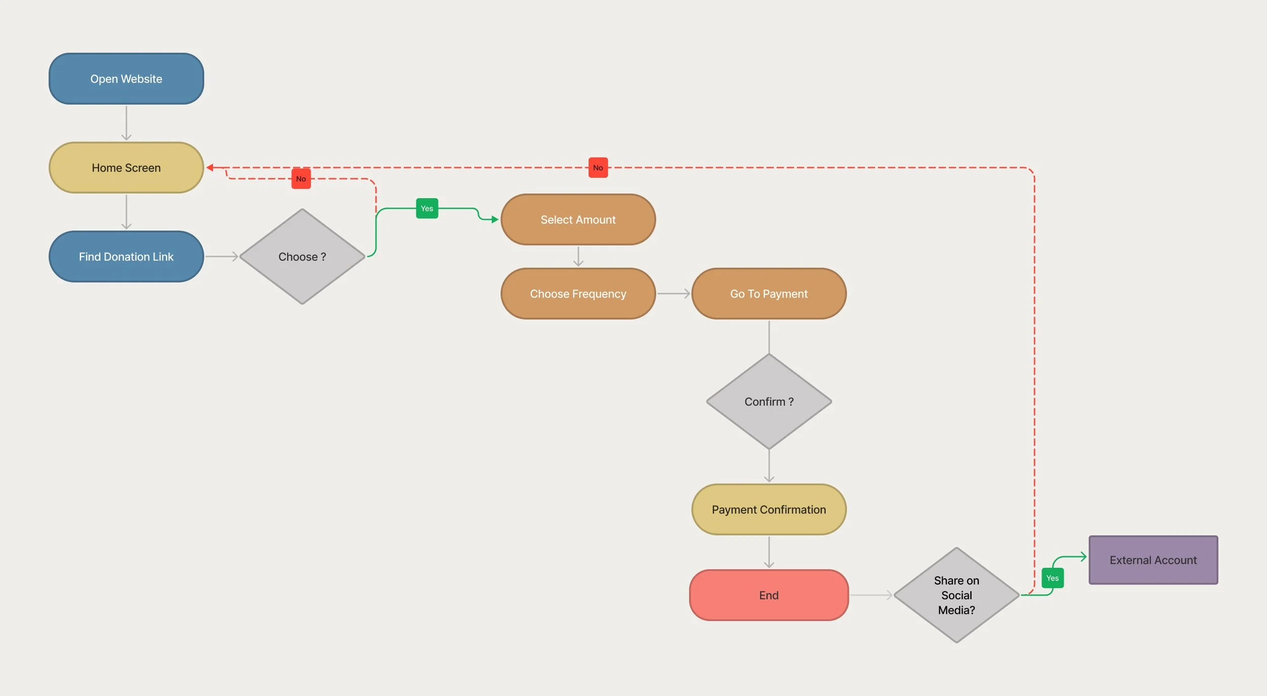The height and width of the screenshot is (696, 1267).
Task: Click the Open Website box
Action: pyautogui.click(x=126, y=79)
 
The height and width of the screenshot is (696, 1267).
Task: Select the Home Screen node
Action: pyautogui.click(x=126, y=167)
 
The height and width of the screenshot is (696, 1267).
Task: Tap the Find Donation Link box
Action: pyautogui.click(x=126, y=257)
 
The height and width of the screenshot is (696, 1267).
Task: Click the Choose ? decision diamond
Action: pyautogui.click(x=302, y=257)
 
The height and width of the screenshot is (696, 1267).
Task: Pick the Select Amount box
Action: pyautogui.click(x=578, y=219)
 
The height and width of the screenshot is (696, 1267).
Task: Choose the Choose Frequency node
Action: pyautogui.click(x=578, y=294)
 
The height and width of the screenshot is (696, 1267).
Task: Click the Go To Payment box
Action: pyautogui.click(x=768, y=294)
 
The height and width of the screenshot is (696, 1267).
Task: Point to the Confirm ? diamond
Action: pyautogui.click(x=768, y=401)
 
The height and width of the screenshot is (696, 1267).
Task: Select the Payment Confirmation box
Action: pyautogui.click(x=768, y=509)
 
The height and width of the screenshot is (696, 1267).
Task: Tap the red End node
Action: pyautogui.click(x=768, y=595)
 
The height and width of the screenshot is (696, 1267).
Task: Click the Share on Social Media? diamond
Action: pyautogui.click(x=956, y=595)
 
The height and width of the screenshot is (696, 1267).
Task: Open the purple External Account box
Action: pyautogui.click(x=1153, y=560)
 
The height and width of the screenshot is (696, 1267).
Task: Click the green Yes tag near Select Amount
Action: pyautogui.click(x=427, y=208)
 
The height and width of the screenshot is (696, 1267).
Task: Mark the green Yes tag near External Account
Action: pyautogui.click(x=1052, y=578)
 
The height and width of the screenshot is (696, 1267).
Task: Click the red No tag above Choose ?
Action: pyautogui.click(x=301, y=179)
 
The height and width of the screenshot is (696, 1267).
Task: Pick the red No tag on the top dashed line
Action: pyautogui.click(x=598, y=168)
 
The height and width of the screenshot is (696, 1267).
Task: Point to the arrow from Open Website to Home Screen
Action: pyautogui.click(x=126, y=123)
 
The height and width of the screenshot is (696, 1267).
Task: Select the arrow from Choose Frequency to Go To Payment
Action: pyautogui.click(x=673, y=294)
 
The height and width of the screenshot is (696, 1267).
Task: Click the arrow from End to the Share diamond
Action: pyautogui.click(x=871, y=595)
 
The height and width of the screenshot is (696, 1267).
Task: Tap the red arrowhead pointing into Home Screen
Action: pyautogui.click(x=210, y=167)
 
